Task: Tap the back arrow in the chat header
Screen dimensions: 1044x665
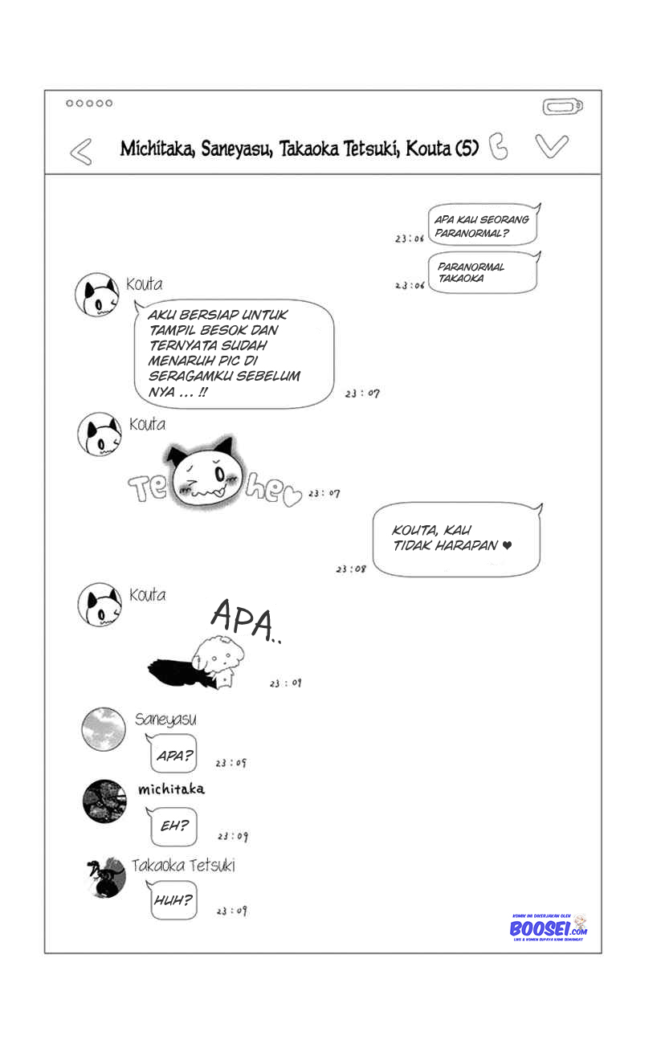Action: (x=80, y=151)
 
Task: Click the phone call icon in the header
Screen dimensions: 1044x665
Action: (x=499, y=146)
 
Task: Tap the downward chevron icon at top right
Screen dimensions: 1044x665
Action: (x=552, y=145)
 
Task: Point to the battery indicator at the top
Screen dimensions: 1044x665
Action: (x=562, y=107)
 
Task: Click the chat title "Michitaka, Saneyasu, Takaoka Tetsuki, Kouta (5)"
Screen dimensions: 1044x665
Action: (x=300, y=149)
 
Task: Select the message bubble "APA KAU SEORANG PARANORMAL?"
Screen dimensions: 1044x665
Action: (x=483, y=225)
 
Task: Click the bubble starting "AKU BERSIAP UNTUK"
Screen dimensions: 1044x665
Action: (x=234, y=353)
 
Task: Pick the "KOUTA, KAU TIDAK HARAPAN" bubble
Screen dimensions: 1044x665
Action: (x=457, y=539)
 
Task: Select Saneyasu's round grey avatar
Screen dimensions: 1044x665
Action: (x=104, y=730)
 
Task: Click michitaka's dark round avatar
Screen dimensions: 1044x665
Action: (x=104, y=801)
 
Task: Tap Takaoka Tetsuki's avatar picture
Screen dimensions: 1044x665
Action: (x=105, y=878)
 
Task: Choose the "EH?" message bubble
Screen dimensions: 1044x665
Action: (x=174, y=826)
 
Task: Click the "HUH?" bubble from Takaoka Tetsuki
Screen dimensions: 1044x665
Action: (x=173, y=900)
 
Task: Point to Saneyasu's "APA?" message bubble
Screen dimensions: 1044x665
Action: (x=174, y=756)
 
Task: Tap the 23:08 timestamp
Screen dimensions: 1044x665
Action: (x=351, y=569)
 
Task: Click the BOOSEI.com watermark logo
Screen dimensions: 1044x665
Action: (x=549, y=928)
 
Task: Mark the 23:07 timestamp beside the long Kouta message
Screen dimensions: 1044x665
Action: (x=362, y=394)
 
